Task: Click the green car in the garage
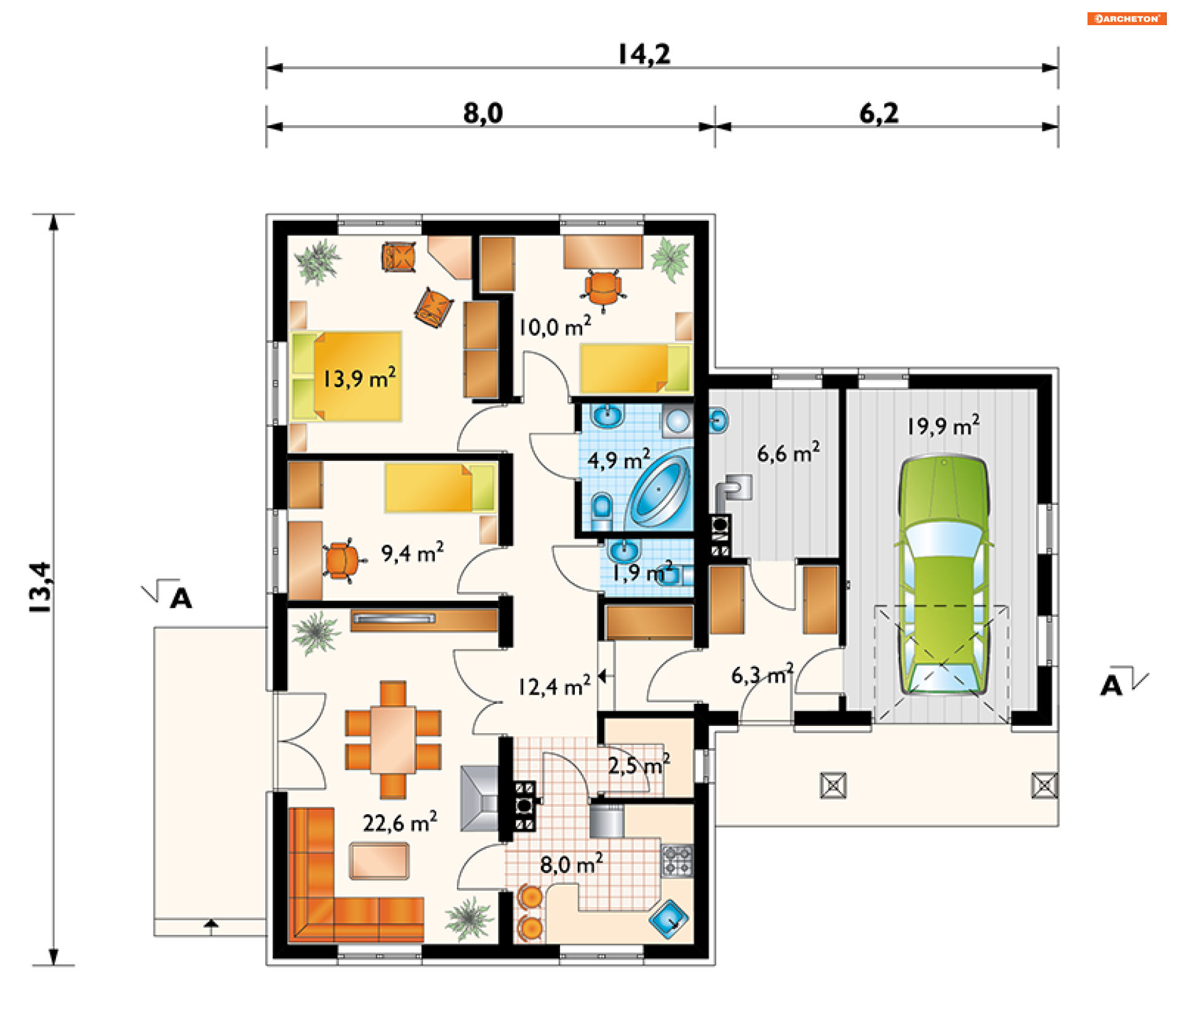944,575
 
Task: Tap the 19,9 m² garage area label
943,425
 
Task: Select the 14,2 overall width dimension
644,54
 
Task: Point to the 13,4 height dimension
41,587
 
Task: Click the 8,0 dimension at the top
483,113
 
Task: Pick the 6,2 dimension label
879,113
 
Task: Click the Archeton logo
1127,18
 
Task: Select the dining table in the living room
393,739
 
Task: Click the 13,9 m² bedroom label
359,378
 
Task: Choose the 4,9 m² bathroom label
618,460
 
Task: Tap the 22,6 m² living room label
400,822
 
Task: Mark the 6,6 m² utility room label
788,453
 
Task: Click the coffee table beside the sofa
379,861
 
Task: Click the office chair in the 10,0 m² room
604,288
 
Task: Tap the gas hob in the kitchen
677,860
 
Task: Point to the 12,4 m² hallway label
554,686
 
